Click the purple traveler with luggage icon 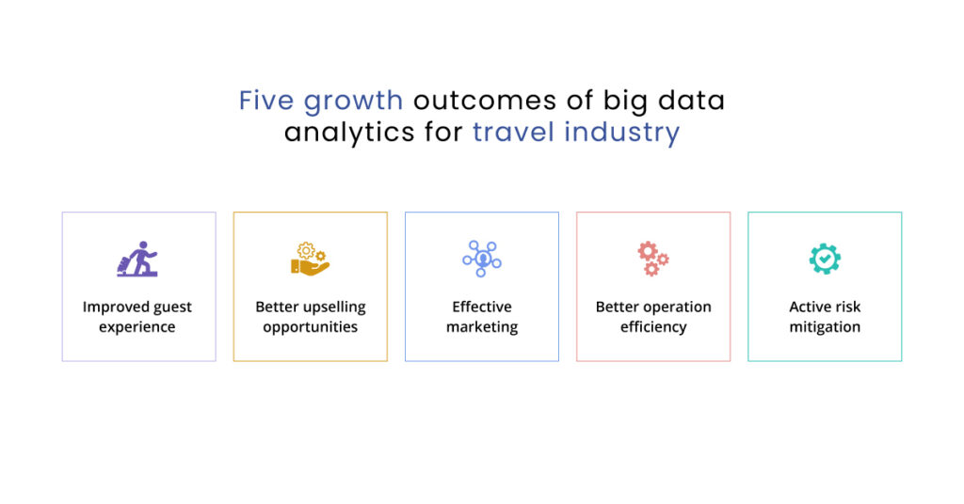pos(137,259)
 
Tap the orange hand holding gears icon pos(310,259)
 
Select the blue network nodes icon pos(482,259)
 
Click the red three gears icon pos(652,259)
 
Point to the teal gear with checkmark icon pos(825,259)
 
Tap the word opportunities pos(310,327)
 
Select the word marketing pos(482,327)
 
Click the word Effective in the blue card pos(482,307)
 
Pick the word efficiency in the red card pos(653,327)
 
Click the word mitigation pos(825,327)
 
